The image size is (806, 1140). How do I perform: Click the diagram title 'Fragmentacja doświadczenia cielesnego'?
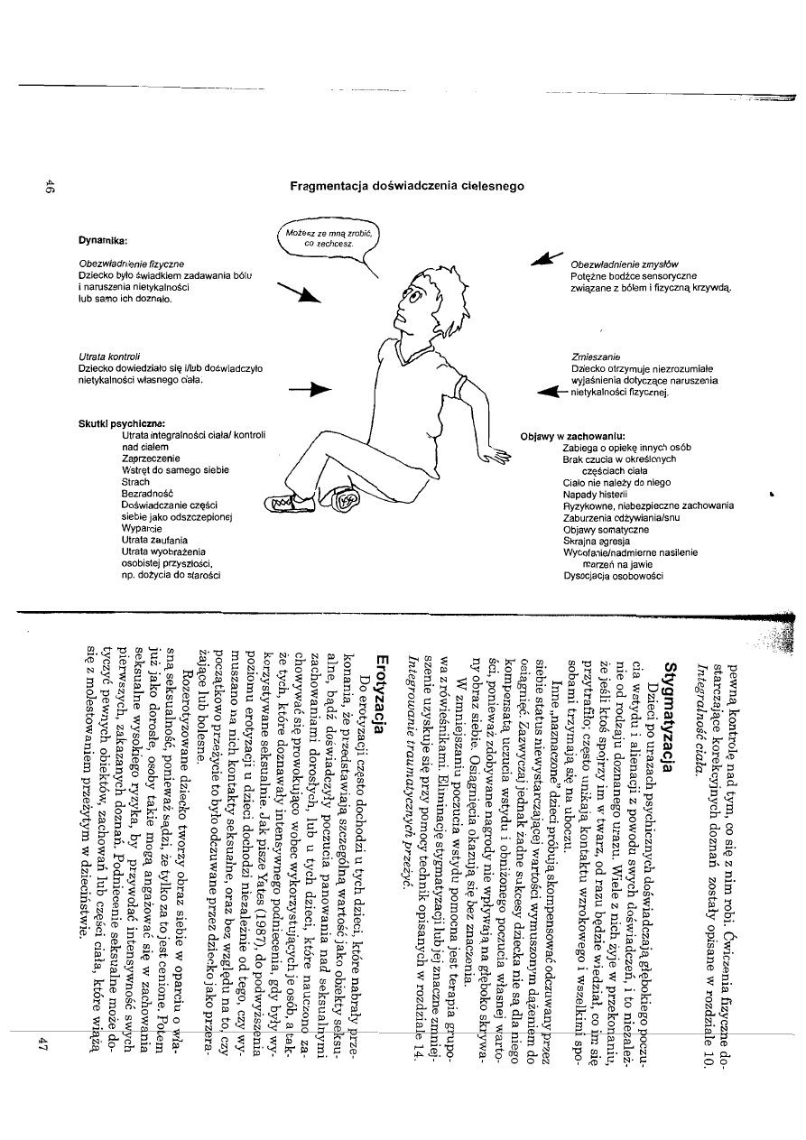click(407, 186)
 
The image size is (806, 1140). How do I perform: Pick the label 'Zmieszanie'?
click(593, 357)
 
